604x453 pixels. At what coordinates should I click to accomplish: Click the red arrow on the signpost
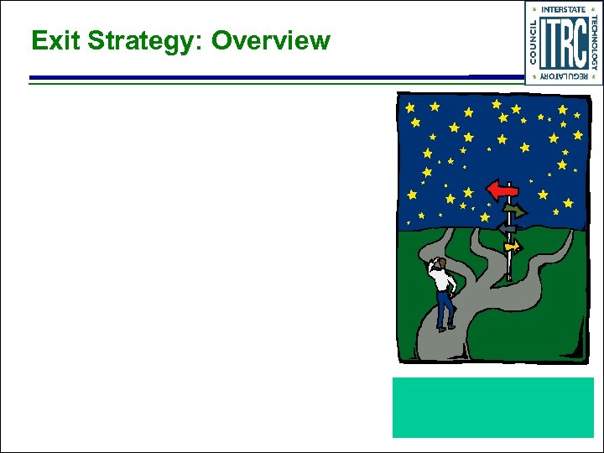click(x=502, y=190)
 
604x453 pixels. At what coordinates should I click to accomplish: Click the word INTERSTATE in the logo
click(x=563, y=9)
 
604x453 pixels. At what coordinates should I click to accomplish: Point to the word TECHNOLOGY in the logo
click(x=594, y=43)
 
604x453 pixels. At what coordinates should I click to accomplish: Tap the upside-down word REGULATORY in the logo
click(x=563, y=76)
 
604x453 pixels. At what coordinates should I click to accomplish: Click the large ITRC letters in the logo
click(x=563, y=43)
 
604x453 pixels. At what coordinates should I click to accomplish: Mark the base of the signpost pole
click(x=509, y=277)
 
